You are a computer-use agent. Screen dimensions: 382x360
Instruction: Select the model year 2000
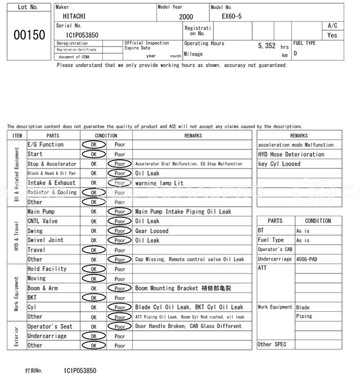point(186,17)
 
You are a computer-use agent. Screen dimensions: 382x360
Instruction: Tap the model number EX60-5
point(231,17)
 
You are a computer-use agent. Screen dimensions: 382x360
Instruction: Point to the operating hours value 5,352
point(267,46)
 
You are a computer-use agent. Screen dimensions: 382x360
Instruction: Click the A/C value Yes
point(332,35)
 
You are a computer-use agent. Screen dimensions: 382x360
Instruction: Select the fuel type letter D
point(295,54)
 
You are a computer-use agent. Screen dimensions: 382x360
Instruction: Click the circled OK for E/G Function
point(93,144)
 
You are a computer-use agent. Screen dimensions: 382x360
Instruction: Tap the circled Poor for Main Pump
point(120,212)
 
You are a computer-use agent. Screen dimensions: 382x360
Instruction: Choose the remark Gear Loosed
point(151,231)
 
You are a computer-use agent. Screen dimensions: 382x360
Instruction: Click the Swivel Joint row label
point(46,240)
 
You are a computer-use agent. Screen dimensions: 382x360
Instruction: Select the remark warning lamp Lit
point(159,183)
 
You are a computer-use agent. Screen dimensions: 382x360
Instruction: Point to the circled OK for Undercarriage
point(93,336)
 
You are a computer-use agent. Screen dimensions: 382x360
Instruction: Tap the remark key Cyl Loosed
point(279,164)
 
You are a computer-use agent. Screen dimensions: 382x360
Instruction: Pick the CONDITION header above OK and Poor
point(106,135)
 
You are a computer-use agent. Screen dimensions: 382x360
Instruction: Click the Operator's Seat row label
point(50,326)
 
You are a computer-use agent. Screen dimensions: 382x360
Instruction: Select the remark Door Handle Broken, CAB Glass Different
point(188,326)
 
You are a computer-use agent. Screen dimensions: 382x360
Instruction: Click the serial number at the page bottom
point(80,371)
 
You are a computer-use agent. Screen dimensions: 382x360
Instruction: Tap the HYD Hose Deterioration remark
point(291,154)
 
